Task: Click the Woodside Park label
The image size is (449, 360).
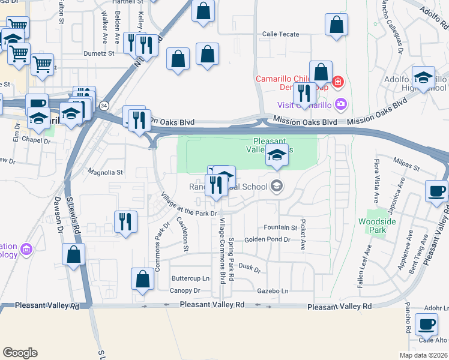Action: pos(377,226)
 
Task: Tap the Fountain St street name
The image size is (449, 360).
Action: pos(280,228)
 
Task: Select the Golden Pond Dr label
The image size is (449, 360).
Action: pos(267,240)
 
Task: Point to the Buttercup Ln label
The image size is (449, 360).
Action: pos(190,278)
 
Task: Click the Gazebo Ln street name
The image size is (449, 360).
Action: pos(273,291)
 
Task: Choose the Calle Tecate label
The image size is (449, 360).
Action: pos(280,34)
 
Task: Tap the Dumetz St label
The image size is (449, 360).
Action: pos(99,53)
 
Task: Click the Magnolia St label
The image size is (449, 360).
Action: pos(106,172)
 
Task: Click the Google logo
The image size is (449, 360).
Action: pos(19,352)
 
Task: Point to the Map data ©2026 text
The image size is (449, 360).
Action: pos(423,355)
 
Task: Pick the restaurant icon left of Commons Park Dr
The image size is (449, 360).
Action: pos(125,221)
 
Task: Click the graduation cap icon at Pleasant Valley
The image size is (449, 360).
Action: pos(277,155)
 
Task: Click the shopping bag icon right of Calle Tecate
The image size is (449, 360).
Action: pos(336,25)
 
